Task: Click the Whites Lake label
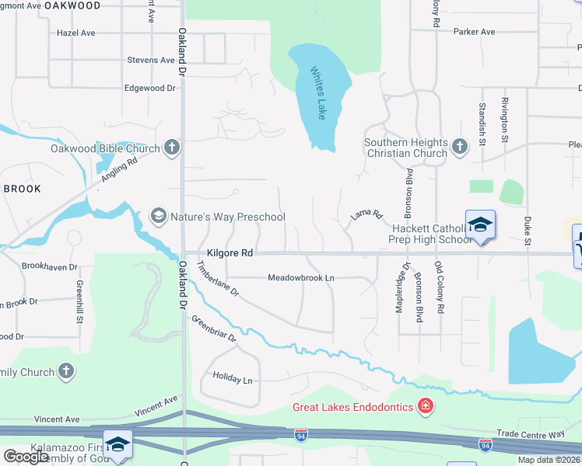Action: coord(317,92)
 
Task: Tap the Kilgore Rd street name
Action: coord(230,253)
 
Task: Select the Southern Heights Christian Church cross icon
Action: coord(460,145)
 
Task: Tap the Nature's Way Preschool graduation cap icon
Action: coord(159,215)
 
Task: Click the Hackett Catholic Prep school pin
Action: coord(480,224)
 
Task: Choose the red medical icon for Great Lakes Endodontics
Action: coord(425,405)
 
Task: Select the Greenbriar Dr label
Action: coord(213,328)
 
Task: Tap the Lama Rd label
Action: coord(367,214)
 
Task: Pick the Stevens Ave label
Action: coord(151,60)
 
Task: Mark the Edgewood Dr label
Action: coord(149,89)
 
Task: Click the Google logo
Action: coord(26,457)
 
